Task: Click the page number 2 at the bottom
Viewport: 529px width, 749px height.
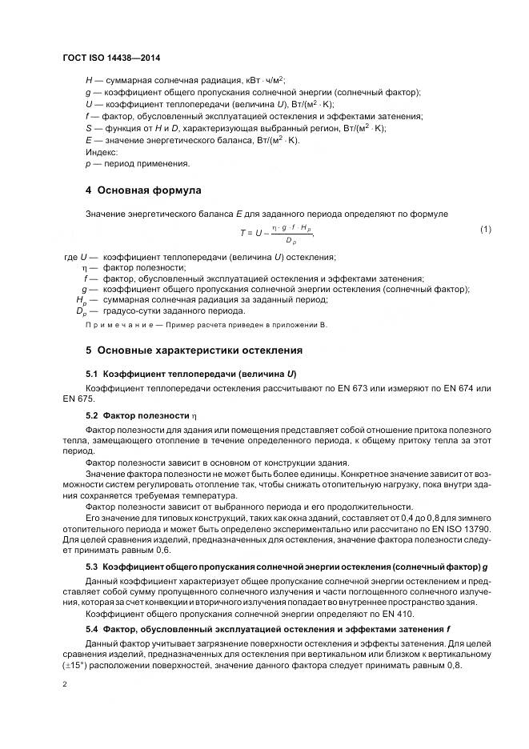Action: point(65,683)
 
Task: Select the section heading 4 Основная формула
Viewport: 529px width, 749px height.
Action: point(143,190)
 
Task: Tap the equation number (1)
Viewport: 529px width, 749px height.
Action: point(484,230)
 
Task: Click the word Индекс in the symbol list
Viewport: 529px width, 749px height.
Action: point(102,151)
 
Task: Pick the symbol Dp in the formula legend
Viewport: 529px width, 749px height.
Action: point(80,311)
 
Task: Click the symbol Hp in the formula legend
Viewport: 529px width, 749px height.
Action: point(81,300)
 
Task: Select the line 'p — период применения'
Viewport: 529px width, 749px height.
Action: point(137,163)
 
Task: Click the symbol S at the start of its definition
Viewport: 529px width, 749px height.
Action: point(88,127)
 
